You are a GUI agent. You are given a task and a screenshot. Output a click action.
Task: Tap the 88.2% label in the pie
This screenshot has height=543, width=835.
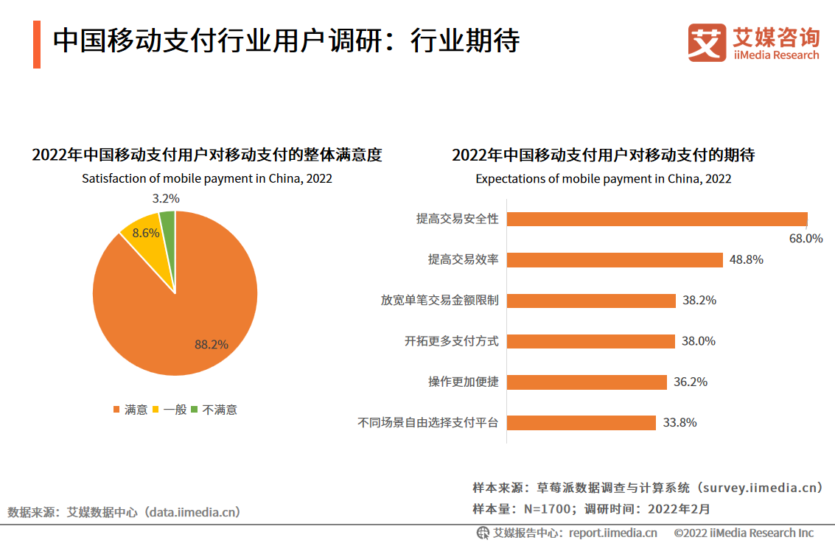pyautogui.click(x=212, y=344)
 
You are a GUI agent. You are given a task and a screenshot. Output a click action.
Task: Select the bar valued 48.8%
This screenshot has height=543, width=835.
pyautogui.click(x=615, y=259)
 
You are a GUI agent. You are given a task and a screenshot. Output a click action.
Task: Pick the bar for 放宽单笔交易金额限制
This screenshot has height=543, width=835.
pyautogui.click(x=591, y=301)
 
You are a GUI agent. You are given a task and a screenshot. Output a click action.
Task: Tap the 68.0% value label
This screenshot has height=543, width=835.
pyautogui.click(x=806, y=238)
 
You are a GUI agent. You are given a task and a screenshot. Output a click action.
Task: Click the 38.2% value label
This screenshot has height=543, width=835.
pyautogui.click(x=699, y=301)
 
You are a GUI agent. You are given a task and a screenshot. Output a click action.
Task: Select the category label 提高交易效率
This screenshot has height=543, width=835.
pyautogui.click(x=463, y=259)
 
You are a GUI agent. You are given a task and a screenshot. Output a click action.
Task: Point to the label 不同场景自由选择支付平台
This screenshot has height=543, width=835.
pyautogui.click(x=428, y=423)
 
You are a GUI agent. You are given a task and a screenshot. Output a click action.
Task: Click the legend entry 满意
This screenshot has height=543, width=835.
pyautogui.click(x=130, y=410)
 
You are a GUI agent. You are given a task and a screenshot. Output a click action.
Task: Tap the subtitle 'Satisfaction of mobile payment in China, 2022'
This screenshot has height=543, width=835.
pyautogui.click(x=207, y=178)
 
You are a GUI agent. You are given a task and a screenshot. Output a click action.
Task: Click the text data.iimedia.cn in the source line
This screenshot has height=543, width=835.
pyautogui.click(x=194, y=511)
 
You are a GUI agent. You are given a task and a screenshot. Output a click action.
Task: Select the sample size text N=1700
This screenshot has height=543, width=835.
pyautogui.click(x=548, y=508)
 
